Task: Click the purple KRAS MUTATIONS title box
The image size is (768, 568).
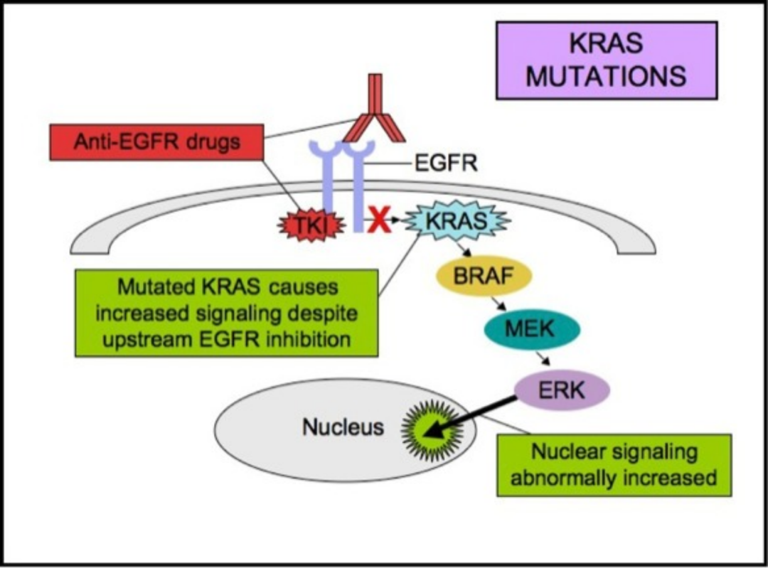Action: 606,60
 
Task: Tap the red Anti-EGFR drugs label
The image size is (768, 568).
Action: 157,142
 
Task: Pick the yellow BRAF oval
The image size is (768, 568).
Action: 483,277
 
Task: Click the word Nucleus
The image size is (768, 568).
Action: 343,427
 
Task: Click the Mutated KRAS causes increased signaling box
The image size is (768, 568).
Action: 226,313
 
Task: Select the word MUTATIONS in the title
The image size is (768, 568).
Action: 606,75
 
